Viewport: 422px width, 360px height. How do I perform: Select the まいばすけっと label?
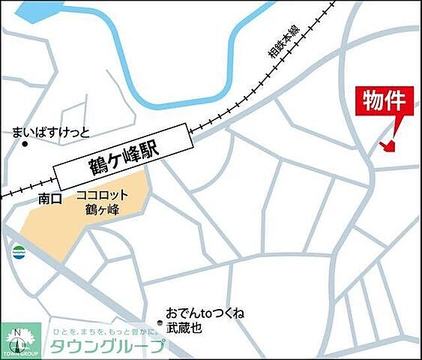click(51, 133)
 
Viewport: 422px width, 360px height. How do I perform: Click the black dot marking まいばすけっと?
click(25, 144)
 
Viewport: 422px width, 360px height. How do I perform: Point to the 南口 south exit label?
click(49, 199)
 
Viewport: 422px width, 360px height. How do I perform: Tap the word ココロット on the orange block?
click(103, 195)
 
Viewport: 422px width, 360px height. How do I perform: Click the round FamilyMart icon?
click(19, 250)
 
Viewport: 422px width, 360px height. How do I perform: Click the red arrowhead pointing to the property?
click(387, 146)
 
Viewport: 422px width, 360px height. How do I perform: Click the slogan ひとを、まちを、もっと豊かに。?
click(106, 331)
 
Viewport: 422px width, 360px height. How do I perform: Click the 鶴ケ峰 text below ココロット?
click(103, 209)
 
